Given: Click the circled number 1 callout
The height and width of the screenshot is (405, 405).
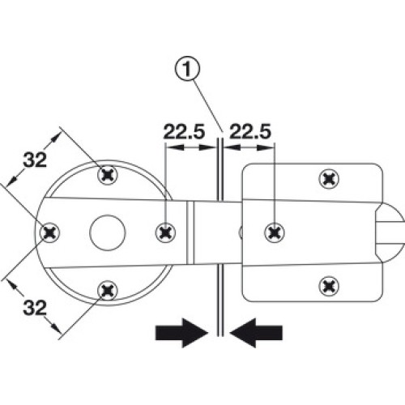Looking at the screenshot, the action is tap(187, 69).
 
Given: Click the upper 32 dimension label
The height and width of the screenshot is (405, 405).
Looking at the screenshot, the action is tap(35, 160).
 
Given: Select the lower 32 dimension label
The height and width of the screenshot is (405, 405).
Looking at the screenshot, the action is tap(35, 307).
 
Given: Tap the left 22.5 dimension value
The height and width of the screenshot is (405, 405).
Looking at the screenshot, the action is tap(184, 131).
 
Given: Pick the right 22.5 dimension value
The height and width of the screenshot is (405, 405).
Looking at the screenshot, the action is tap(249, 131).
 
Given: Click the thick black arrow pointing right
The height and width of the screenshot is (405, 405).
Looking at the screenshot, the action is tap(182, 333).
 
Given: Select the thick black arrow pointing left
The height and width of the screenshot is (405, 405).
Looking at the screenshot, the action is tap(256, 333).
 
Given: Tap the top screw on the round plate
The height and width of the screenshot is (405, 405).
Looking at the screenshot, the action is tap(108, 176).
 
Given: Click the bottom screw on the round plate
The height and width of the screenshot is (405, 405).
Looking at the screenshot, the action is tap(108, 291).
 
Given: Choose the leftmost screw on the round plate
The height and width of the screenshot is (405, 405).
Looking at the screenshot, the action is tap(50, 232).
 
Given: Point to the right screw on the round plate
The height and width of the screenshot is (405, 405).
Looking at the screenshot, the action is tap(165, 232).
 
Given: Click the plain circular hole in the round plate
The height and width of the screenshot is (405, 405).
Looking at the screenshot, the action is tap(108, 232).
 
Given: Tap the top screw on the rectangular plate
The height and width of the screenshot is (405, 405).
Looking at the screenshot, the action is tap(329, 179).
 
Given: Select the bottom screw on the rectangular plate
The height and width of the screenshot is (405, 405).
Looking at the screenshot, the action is tap(329, 286).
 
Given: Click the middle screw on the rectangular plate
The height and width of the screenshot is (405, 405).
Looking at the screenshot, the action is tap(275, 232).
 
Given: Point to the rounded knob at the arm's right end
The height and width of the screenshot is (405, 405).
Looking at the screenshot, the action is tap(391, 232).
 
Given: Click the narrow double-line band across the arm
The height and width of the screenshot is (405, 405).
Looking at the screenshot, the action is tap(190, 232).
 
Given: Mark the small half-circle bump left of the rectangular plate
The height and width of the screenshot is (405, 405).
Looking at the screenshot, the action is tap(241, 232).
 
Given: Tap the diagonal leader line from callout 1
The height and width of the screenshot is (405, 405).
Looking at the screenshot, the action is tap(208, 106).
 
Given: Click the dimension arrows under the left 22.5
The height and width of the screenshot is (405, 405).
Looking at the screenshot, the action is tap(191, 147).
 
